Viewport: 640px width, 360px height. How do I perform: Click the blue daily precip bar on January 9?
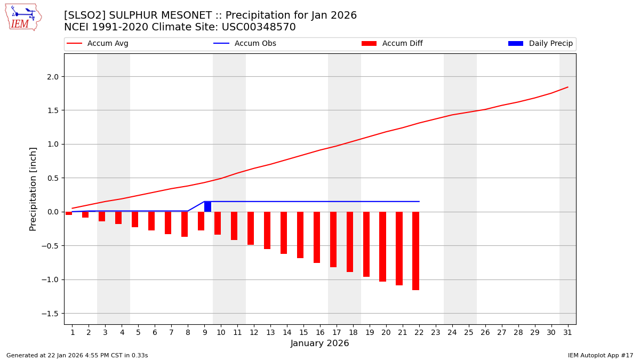[207, 206]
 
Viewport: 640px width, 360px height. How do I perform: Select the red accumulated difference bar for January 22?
[415, 251]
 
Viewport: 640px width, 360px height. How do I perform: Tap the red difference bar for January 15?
[300, 235]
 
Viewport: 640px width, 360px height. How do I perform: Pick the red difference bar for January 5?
[135, 219]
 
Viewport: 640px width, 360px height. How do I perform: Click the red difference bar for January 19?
[366, 244]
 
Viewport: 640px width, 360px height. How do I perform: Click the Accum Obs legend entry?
[245, 44]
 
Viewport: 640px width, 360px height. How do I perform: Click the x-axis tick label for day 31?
[567, 332]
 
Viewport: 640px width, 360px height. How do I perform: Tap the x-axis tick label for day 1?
[73, 332]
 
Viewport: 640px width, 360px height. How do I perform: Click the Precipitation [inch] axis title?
[33, 189]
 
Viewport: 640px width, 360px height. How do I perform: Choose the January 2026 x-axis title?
[320, 343]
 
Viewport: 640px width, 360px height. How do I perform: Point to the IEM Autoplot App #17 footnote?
[601, 355]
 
